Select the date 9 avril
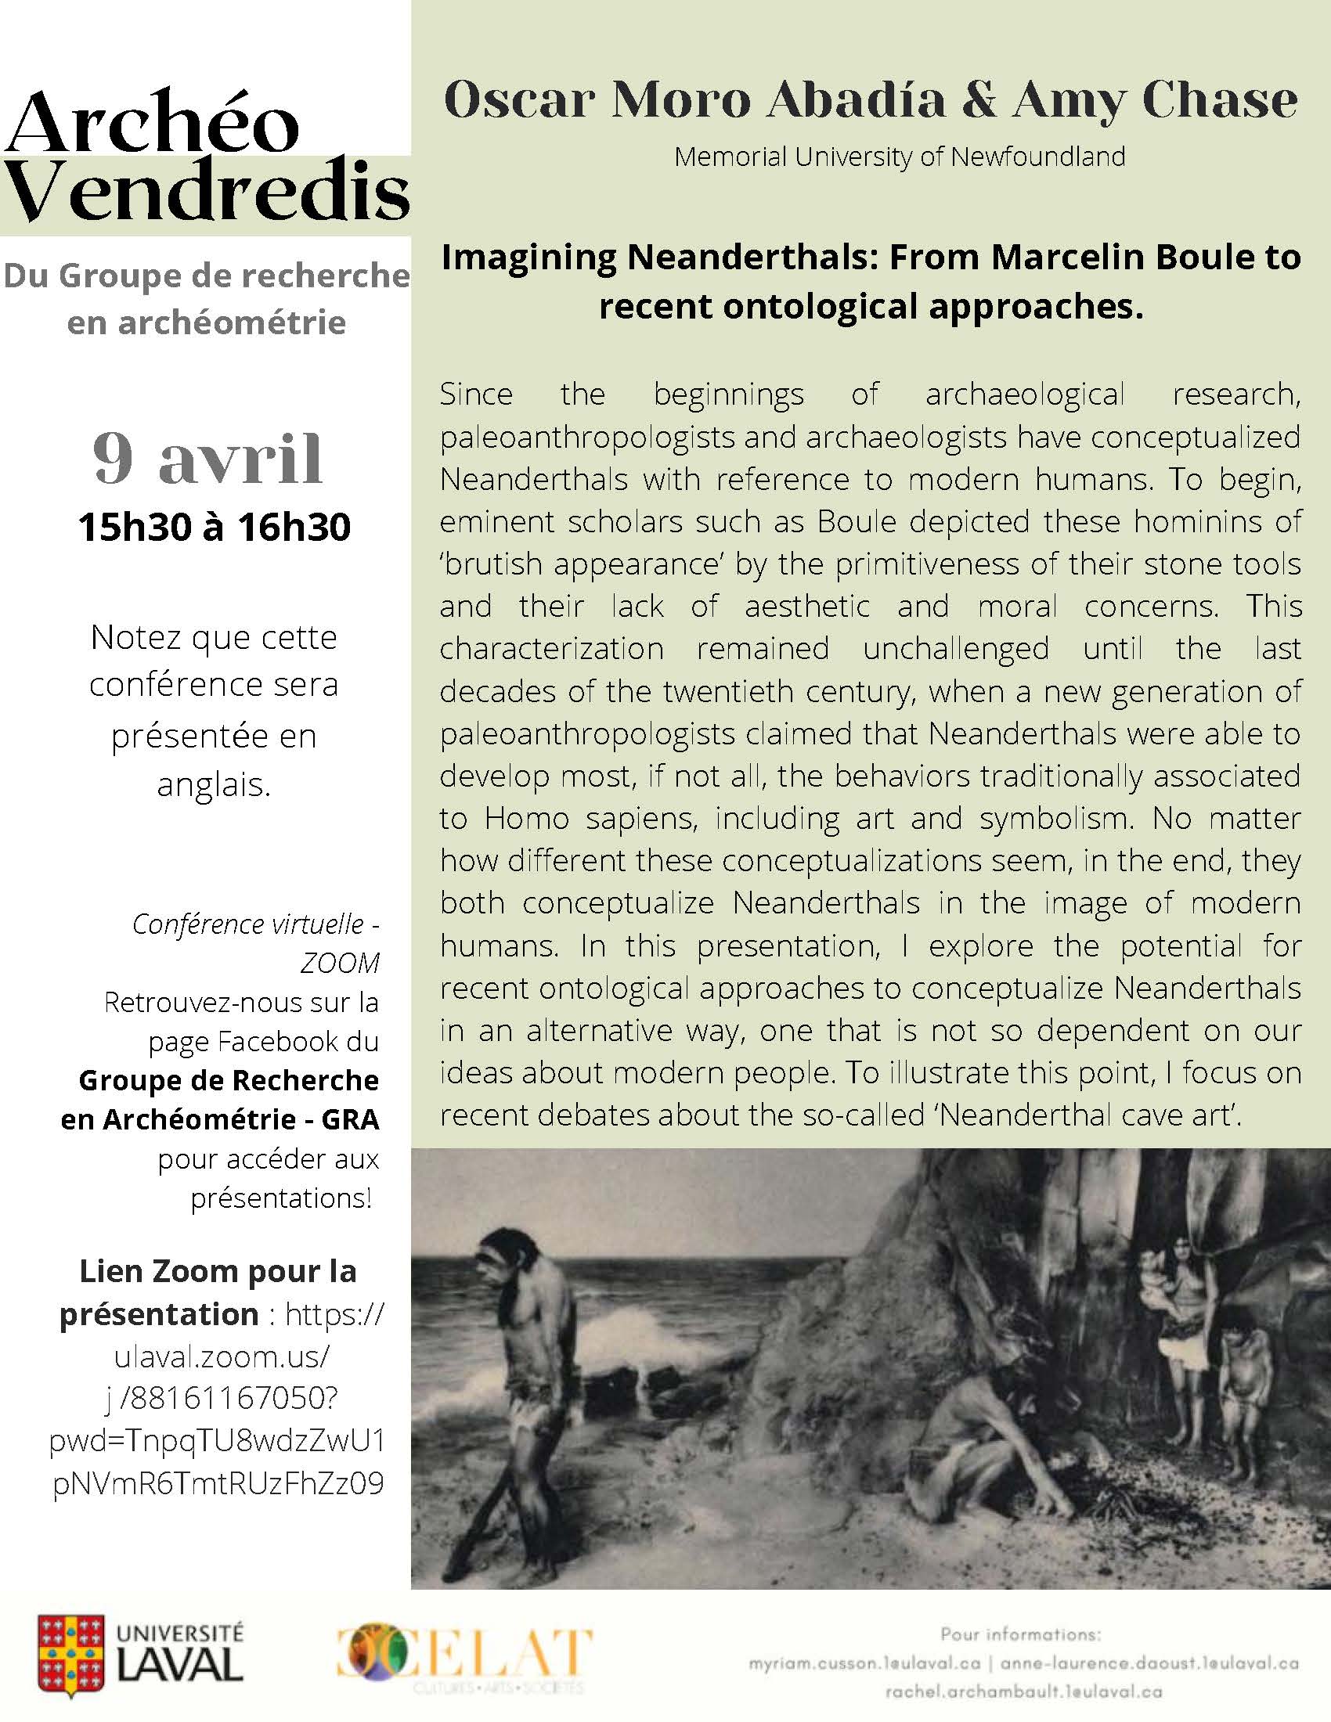coord(208,459)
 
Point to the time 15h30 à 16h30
coord(214,528)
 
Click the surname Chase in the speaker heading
coord(1219,101)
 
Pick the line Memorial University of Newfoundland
coord(900,157)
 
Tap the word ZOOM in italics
coord(339,963)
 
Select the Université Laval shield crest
coord(70,1653)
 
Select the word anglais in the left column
coord(214,784)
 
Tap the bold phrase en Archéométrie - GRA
coord(220,1119)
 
